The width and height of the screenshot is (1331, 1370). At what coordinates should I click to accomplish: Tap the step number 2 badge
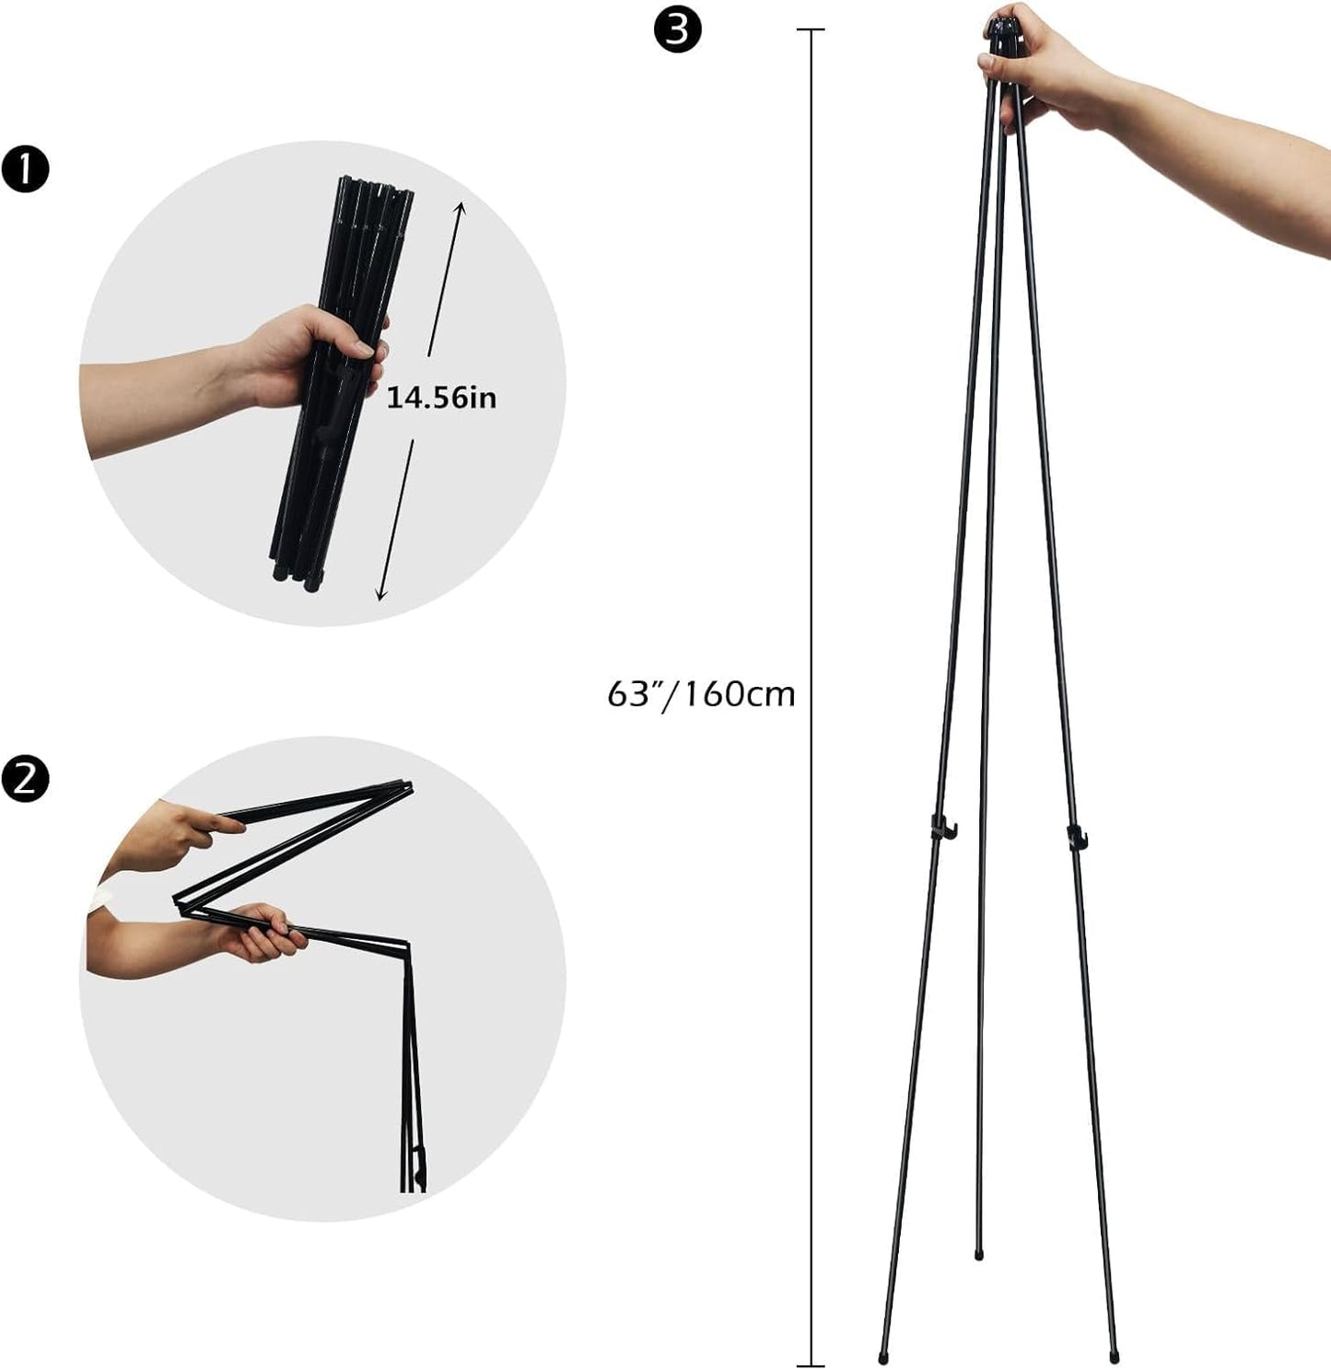click(x=25, y=779)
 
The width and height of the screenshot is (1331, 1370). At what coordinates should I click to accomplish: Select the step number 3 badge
click(x=677, y=29)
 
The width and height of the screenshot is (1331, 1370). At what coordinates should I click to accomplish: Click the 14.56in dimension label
click(x=441, y=398)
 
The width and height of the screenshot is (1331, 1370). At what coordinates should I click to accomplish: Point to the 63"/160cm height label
click(x=701, y=693)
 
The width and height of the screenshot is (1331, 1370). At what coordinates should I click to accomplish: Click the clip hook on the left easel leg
click(x=940, y=828)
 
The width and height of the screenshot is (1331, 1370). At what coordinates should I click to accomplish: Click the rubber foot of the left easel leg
click(x=883, y=1357)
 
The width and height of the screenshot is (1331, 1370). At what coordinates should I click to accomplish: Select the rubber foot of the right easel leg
click(x=1115, y=1357)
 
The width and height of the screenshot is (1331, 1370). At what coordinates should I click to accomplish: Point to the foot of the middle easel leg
click(x=978, y=1253)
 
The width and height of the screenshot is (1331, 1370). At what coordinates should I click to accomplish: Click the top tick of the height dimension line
click(x=811, y=30)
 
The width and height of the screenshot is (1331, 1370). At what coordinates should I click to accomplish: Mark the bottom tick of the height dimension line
click(x=811, y=1365)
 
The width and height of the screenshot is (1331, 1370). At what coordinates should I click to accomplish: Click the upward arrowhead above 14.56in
click(x=461, y=207)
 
